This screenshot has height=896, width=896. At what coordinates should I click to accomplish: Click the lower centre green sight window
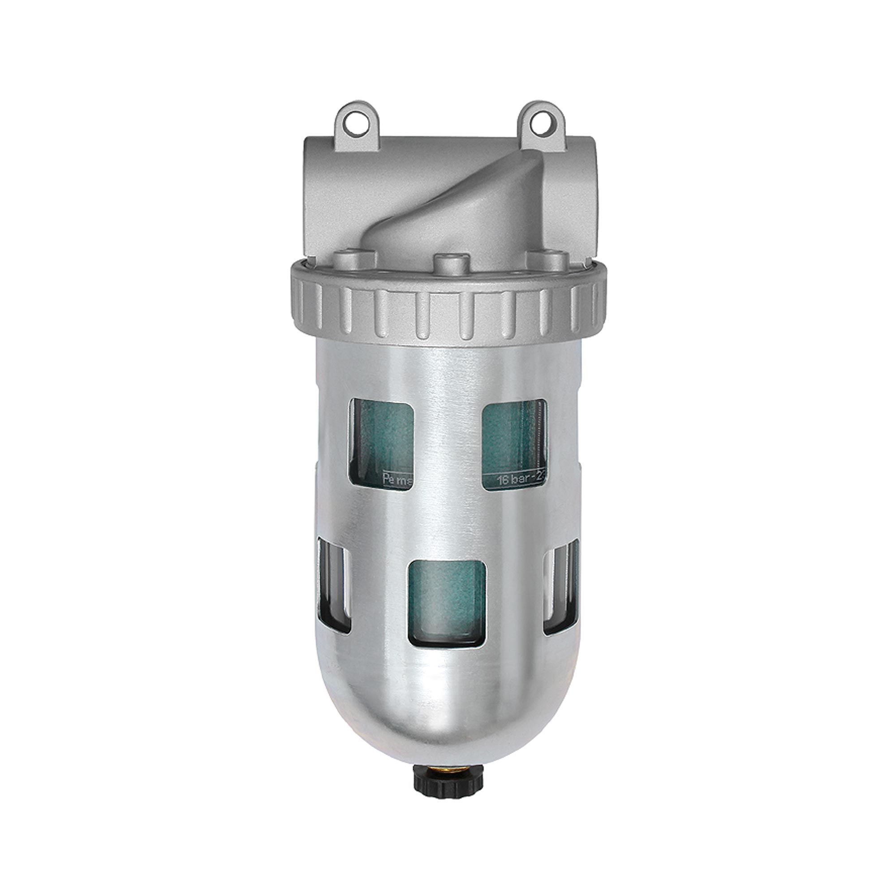[x=447, y=603]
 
